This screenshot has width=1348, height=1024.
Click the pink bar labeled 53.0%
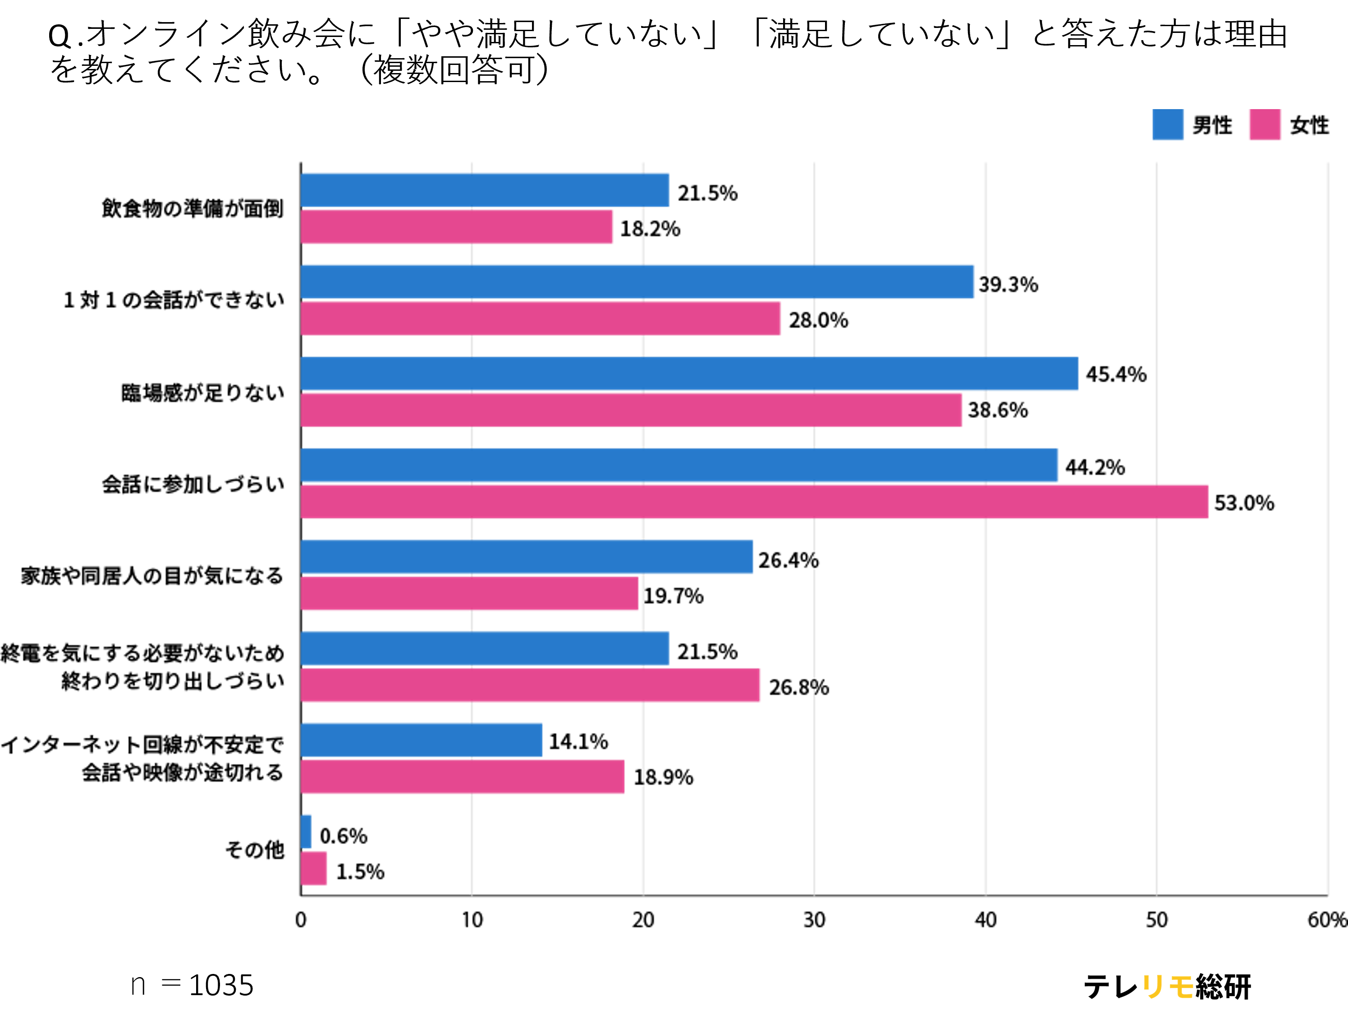click(x=754, y=502)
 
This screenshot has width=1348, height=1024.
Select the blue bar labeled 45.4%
click(x=689, y=374)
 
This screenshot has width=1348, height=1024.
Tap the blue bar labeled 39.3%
click(x=637, y=282)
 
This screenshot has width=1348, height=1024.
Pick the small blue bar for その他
click(x=306, y=831)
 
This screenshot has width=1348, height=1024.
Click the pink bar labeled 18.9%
click(x=463, y=776)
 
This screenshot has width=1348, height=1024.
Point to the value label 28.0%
click(x=818, y=320)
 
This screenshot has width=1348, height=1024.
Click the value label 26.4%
click(x=788, y=560)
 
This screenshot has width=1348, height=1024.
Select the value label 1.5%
click(x=360, y=872)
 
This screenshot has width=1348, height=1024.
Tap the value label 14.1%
click(x=578, y=742)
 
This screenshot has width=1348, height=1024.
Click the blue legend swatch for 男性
click(x=1168, y=125)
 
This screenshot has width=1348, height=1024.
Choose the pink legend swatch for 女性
click(x=1265, y=125)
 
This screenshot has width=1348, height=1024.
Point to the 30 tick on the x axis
click(x=814, y=920)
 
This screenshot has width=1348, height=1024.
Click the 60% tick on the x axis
click(x=1327, y=920)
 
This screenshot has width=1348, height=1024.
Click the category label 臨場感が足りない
click(x=203, y=393)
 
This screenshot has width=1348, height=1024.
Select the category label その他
click(x=255, y=850)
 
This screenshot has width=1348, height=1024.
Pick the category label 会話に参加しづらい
click(x=193, y=484)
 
